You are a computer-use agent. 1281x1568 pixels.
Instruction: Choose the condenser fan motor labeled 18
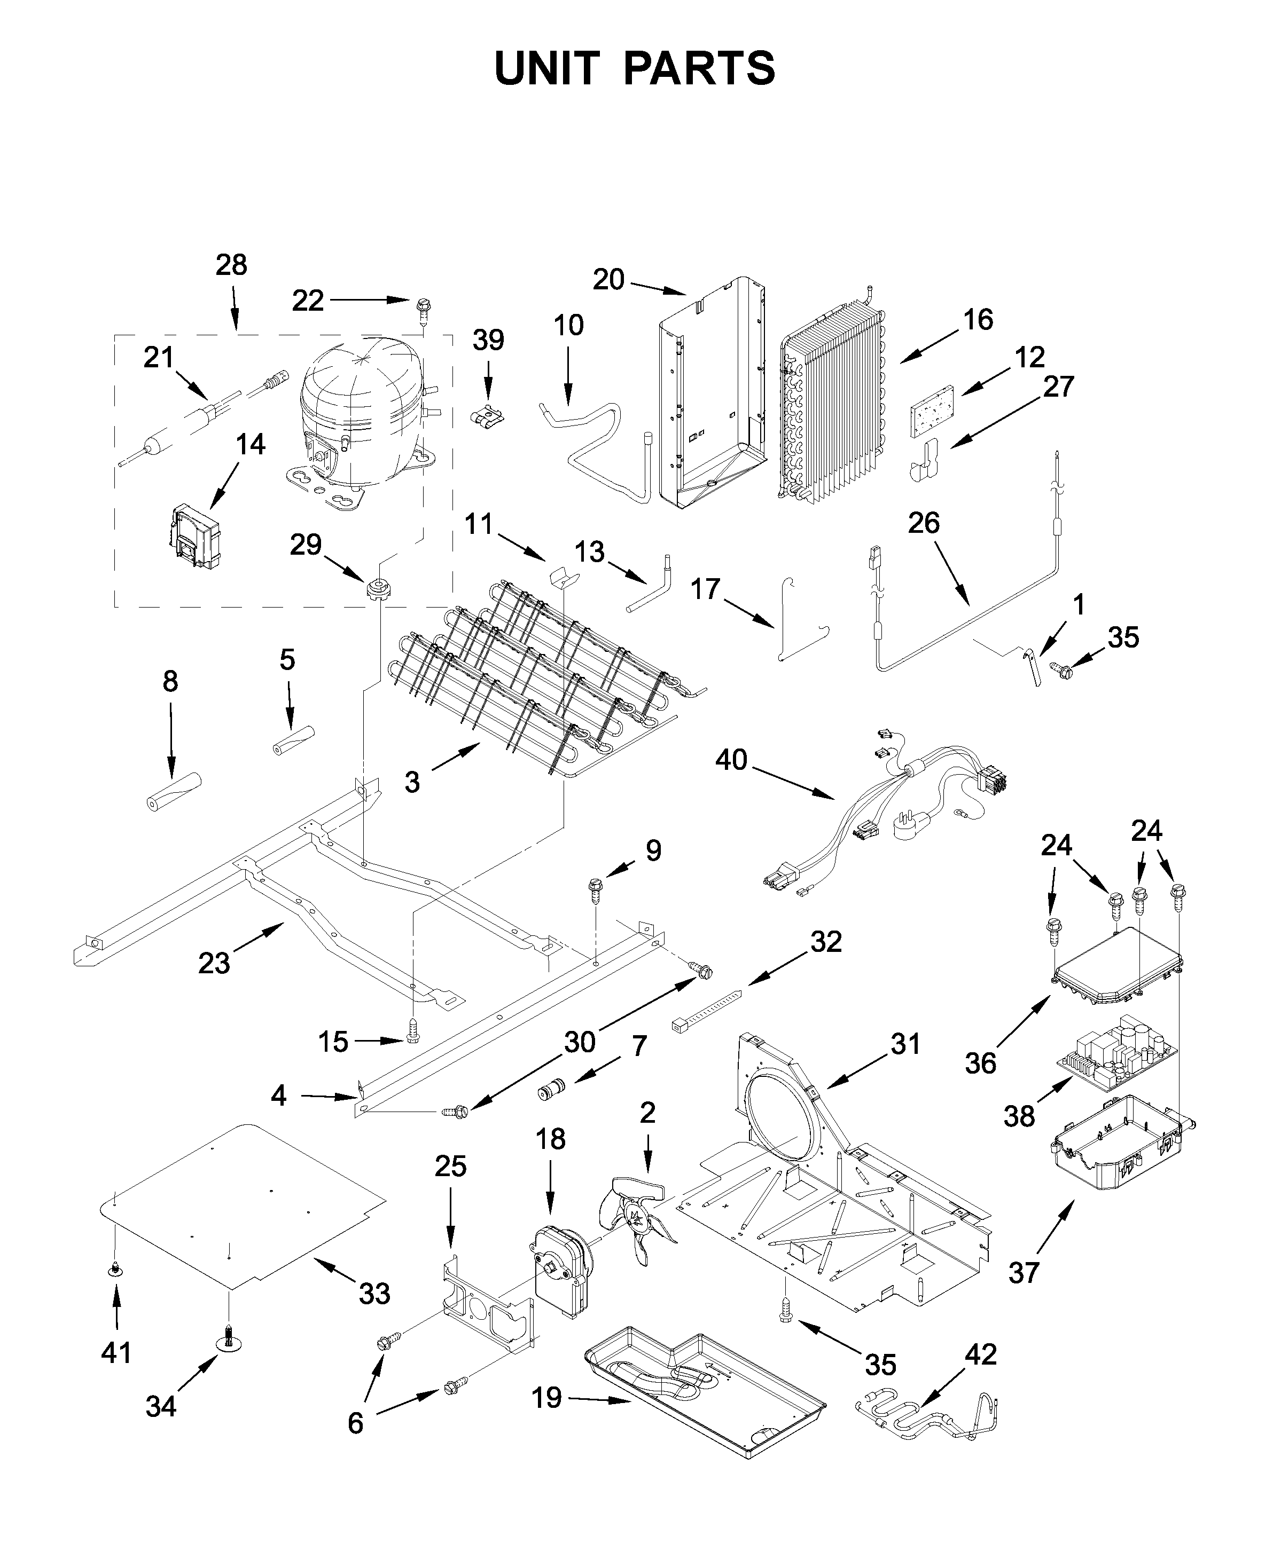pyautogui.click(x=563, y=1272)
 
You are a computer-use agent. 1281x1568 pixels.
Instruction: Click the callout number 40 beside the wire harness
pyautogui.click(x=731, y=760)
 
